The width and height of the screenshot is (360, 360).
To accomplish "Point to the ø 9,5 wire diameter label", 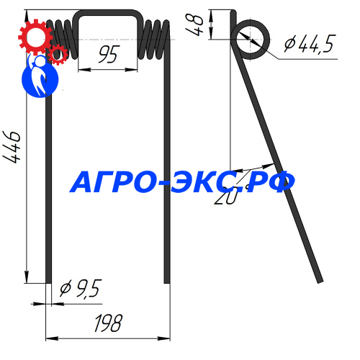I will (x=79, y=289).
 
